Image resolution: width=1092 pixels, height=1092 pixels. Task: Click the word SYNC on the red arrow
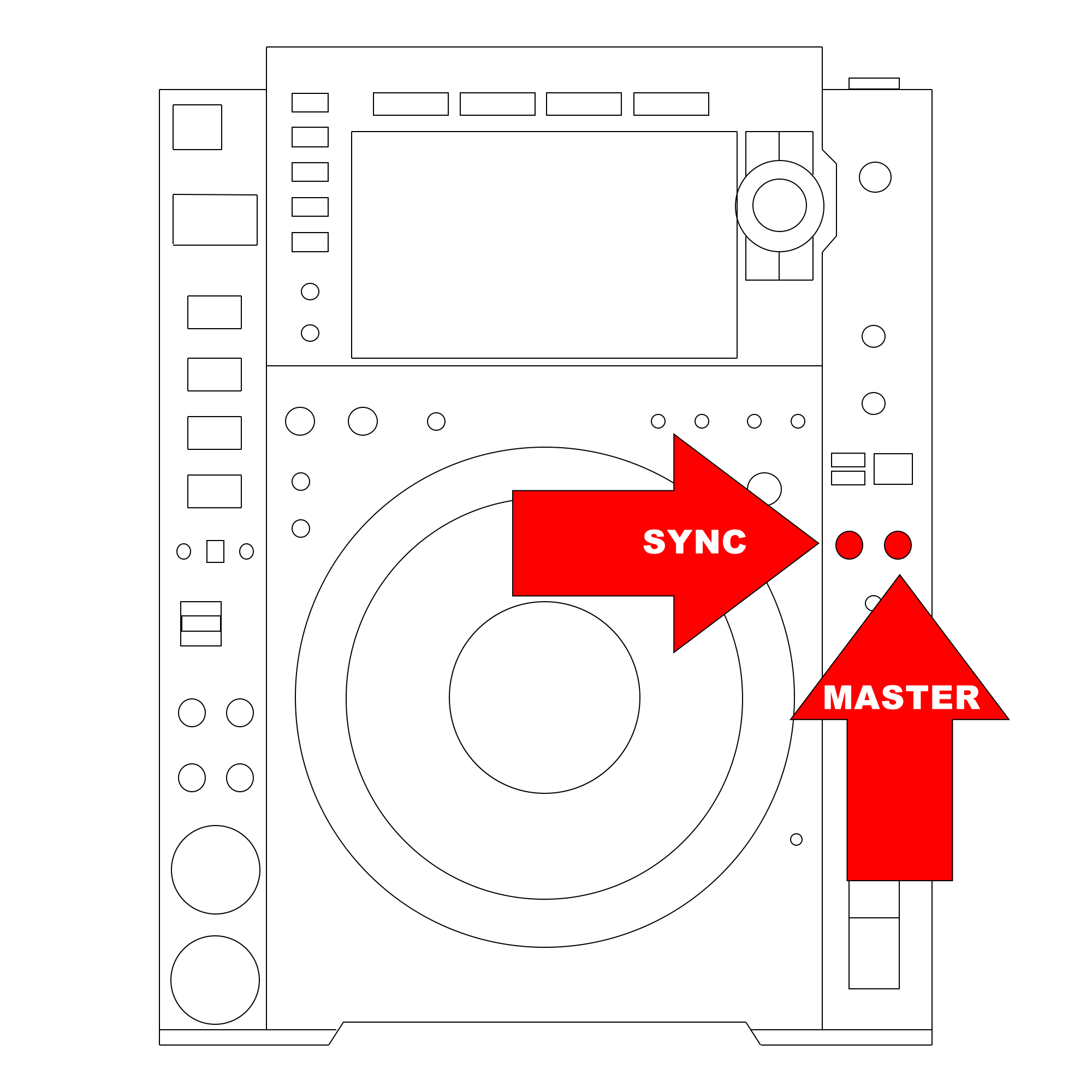coord(695,542)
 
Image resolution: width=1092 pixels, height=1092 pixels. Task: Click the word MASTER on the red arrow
coord(901,697)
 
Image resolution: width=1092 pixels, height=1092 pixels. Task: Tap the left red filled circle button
coord(849,545)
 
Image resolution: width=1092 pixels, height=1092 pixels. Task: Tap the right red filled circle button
coord(898,545)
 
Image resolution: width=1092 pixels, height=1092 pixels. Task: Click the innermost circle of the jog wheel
coord(544,697)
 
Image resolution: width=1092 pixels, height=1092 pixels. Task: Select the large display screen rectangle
coord(544,245)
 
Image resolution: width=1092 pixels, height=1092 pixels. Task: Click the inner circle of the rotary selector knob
coord(780,205)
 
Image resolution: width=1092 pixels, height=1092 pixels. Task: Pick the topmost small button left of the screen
coord(310,103)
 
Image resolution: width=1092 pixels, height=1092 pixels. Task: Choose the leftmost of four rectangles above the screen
coord(411,104)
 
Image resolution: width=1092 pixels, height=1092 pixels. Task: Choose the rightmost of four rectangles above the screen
coord(671,104)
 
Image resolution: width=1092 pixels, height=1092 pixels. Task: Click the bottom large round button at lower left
coord(215,980)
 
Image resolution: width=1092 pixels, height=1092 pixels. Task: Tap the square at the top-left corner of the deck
coord(197,127)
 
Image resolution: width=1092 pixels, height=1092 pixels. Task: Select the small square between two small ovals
coord(215,551)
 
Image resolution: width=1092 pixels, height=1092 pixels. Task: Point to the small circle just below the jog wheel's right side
coord(796,839)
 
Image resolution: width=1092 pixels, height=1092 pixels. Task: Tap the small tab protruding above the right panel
coord(874,84)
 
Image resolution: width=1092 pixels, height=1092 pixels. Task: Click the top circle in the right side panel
coord(875,177)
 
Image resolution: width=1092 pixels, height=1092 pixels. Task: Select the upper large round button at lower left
coord(215,869)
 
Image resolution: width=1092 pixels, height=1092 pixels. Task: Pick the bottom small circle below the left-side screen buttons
coord(310,333)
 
